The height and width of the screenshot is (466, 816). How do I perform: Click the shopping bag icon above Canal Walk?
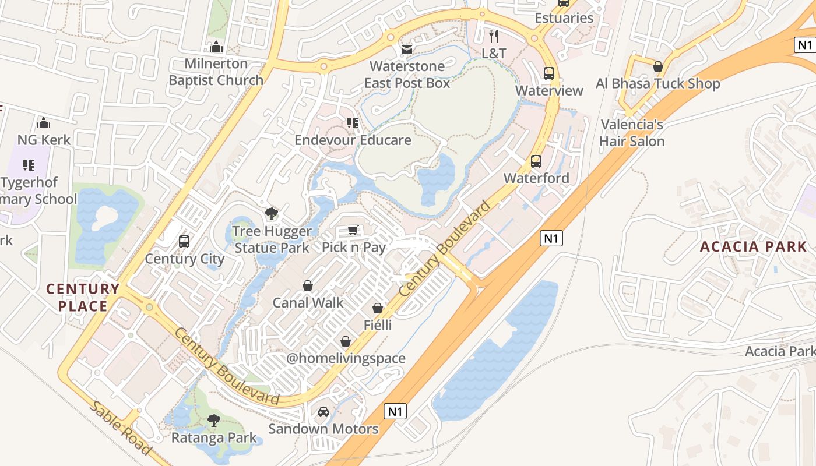[308, 285]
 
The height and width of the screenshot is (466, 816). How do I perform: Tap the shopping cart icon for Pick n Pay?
[353, 231]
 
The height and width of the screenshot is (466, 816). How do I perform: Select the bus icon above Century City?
[184, 241]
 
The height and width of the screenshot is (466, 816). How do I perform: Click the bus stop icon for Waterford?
[536, 161]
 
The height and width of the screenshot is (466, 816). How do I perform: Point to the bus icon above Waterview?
[549, 73]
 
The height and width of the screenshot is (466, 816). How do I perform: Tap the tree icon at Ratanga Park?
[214, 420]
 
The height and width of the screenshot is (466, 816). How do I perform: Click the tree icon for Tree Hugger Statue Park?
[271, 214]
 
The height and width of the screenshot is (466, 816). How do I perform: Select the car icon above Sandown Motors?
[323, 412]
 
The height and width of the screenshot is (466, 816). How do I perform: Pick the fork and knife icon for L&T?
[494, 36]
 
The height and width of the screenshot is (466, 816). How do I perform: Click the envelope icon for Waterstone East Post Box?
[407, 50]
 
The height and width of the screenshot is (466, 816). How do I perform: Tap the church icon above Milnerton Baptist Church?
[216, 47]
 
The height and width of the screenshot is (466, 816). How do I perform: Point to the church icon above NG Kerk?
[44, 123]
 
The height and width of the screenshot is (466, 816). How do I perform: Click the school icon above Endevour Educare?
[353, 123]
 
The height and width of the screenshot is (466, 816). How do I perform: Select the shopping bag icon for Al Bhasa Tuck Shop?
[658, 67]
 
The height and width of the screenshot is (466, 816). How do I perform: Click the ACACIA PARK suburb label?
[753, 246]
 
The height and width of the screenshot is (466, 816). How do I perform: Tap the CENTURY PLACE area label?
[83, 297]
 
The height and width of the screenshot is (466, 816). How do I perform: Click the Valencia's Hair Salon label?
[632, 133]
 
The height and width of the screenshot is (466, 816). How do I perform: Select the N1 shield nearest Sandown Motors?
[395, 412]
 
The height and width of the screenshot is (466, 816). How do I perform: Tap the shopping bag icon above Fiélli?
[378, 308]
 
